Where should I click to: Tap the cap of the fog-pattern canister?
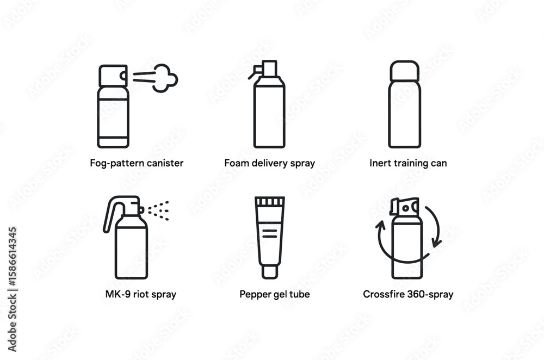pos(113,76)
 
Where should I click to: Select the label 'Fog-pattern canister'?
pos(137,163)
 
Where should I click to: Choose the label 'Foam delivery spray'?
pos(270,163)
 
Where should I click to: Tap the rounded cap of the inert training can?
pos(405,71)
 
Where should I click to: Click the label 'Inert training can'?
pos(408,163)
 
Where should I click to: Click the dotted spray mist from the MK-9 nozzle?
pos(158,210)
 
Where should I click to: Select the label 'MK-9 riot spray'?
pos(141,294)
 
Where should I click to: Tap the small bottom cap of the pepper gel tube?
pos(270,272)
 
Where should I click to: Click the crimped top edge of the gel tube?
pos(270,201)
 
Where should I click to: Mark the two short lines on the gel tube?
pos(270,233)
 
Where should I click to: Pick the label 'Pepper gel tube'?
pos(274,294)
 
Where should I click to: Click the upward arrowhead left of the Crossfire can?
pos(380,226)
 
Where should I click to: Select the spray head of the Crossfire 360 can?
pos(405,207)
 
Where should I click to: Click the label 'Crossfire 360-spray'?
pos(408,294)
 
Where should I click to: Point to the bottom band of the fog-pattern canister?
pos(113,142)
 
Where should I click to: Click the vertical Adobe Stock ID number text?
pos(12,257)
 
